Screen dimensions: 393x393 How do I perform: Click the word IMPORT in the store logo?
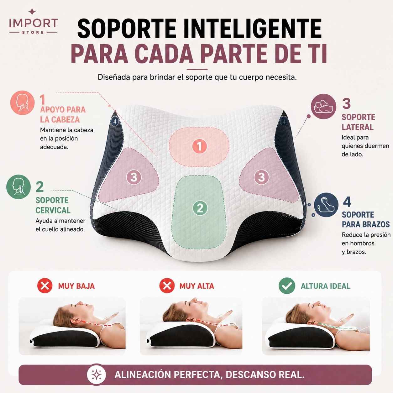34,23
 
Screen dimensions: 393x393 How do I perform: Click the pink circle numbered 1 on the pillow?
199,146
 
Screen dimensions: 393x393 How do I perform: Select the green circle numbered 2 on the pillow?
200,208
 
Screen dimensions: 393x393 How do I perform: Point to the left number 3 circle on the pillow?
134,177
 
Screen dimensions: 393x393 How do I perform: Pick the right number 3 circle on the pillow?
261,177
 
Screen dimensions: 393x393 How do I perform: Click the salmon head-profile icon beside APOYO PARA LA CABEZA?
23,103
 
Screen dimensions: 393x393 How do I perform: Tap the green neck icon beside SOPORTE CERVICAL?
18,187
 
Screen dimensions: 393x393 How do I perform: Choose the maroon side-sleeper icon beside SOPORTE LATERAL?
323,106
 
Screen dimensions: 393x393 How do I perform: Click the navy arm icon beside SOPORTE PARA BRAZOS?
326,205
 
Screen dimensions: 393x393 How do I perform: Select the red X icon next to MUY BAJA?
45,286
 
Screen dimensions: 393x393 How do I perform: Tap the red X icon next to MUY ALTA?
167,286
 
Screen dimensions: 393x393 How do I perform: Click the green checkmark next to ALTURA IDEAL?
287,286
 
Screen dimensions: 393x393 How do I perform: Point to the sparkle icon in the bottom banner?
97,375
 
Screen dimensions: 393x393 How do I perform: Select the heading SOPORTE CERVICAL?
53,205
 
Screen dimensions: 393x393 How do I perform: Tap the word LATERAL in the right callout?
358,127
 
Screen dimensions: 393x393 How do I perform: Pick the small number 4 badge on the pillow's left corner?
115,122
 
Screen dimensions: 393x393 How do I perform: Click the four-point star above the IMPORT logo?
32,12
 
